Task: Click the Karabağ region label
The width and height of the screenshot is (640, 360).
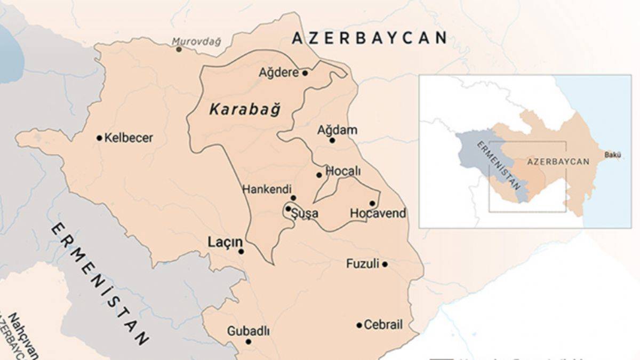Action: click(x=244, y=110)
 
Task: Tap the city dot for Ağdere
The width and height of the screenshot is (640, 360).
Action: click(x=305, y=73)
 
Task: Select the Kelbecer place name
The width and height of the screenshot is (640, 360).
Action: click(x=129, y=138)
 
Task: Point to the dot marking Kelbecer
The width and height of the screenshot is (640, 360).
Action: click(x=99, y=138)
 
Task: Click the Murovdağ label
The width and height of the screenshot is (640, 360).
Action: click(x=196, y=41)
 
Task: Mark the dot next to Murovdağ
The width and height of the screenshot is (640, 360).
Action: click(x=179, y=49)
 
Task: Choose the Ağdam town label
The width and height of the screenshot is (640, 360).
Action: click(x=337, y=130)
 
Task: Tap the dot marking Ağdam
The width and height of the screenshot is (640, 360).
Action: click(x=332, y=140)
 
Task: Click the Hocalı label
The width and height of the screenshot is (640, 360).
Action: click(x=343, y=171)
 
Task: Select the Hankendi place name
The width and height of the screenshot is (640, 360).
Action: click(x=267, y=189)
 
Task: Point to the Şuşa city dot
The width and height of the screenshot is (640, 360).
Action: click(x=288, y=209)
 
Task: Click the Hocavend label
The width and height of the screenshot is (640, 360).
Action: click(x=378, y=213)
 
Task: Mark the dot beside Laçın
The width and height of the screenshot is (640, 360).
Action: click(x=241, y=251)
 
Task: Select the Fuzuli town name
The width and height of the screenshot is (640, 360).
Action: click(x=363, y=263)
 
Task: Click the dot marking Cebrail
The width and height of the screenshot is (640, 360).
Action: click(x=359, y=325)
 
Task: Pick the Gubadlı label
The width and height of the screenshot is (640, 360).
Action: click(x=248, y=331)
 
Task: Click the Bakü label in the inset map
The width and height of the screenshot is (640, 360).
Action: click(x=612, y=155)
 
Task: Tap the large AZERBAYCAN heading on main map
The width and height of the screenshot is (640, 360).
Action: click(x=369, y=38)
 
